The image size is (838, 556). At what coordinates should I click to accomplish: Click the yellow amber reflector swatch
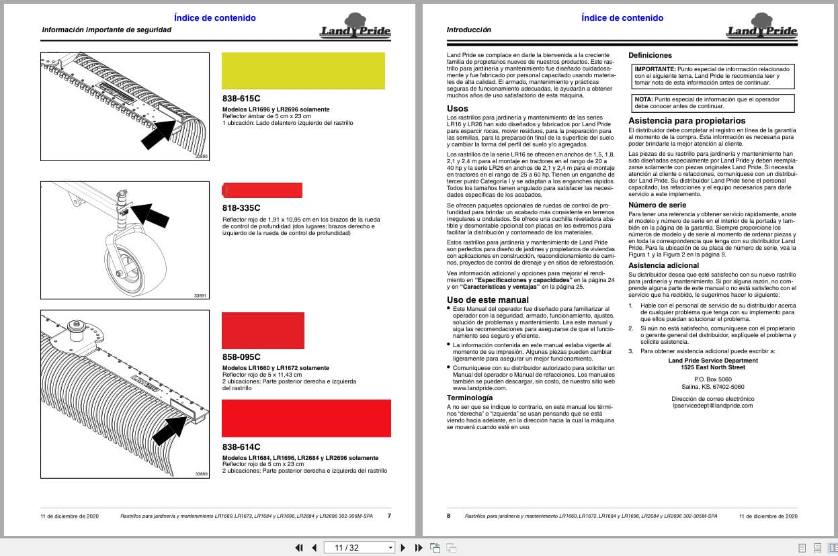303,71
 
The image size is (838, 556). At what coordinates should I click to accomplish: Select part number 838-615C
241,98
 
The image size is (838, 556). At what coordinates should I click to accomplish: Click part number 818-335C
241,207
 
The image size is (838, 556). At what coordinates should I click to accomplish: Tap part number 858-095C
241,357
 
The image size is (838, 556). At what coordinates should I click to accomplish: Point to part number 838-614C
241,447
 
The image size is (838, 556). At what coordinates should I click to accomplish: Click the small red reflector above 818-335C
262,190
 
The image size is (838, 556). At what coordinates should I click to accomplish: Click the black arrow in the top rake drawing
159,134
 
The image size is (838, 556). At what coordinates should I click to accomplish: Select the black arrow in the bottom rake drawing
169,430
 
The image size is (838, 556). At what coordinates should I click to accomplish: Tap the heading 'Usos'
458,108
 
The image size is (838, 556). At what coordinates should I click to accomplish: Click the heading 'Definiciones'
650,55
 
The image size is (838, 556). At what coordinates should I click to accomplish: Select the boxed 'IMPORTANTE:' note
712,77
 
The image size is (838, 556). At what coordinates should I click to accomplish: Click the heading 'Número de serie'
657,205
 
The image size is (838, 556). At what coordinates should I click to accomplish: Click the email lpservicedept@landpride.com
712,406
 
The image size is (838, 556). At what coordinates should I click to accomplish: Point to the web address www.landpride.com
479,388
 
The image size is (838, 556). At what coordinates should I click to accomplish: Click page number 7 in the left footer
389,516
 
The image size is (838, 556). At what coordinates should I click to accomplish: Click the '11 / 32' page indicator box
359,547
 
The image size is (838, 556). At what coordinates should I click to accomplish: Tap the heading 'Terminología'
470,398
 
